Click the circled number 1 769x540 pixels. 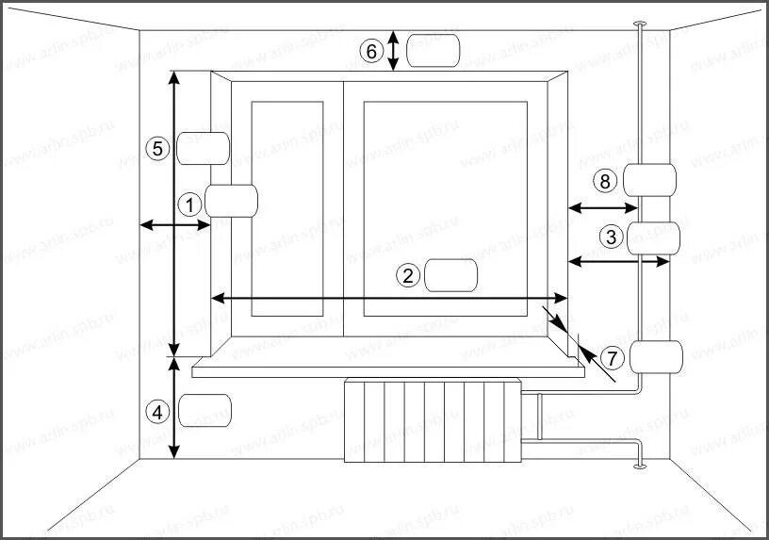[189, 203]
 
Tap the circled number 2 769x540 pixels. [408, 275]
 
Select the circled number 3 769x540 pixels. [612, 237]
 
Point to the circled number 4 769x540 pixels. [158, 411]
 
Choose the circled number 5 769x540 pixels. [158, 148]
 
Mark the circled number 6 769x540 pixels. [373, 51]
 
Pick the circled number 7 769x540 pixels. [613, 358]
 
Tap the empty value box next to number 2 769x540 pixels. [451, 275]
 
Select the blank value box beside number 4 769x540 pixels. [205, 410]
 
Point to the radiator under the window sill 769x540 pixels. [433, 421]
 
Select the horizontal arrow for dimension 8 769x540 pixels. [598, 206]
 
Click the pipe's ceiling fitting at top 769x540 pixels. [640, 23]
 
